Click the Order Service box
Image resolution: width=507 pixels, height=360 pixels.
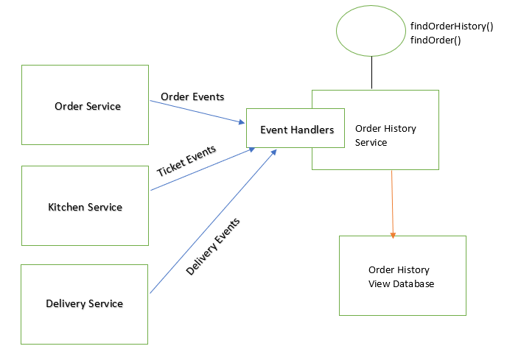87,105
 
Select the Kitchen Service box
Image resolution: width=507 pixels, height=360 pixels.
85,206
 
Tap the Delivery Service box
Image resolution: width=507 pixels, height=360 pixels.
84,303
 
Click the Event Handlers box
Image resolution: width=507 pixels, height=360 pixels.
296,130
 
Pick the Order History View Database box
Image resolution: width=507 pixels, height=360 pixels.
402,276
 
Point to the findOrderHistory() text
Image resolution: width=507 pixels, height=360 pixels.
451,27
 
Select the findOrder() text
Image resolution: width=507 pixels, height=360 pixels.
436,40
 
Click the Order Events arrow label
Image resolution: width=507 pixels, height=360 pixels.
192,96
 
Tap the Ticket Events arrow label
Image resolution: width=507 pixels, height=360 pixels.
187,161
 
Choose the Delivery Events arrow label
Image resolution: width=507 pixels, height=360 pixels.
214,247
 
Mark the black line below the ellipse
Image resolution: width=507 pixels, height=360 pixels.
372,73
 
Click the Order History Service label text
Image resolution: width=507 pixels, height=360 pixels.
385,135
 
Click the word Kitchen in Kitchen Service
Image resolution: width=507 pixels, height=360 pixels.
66,207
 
